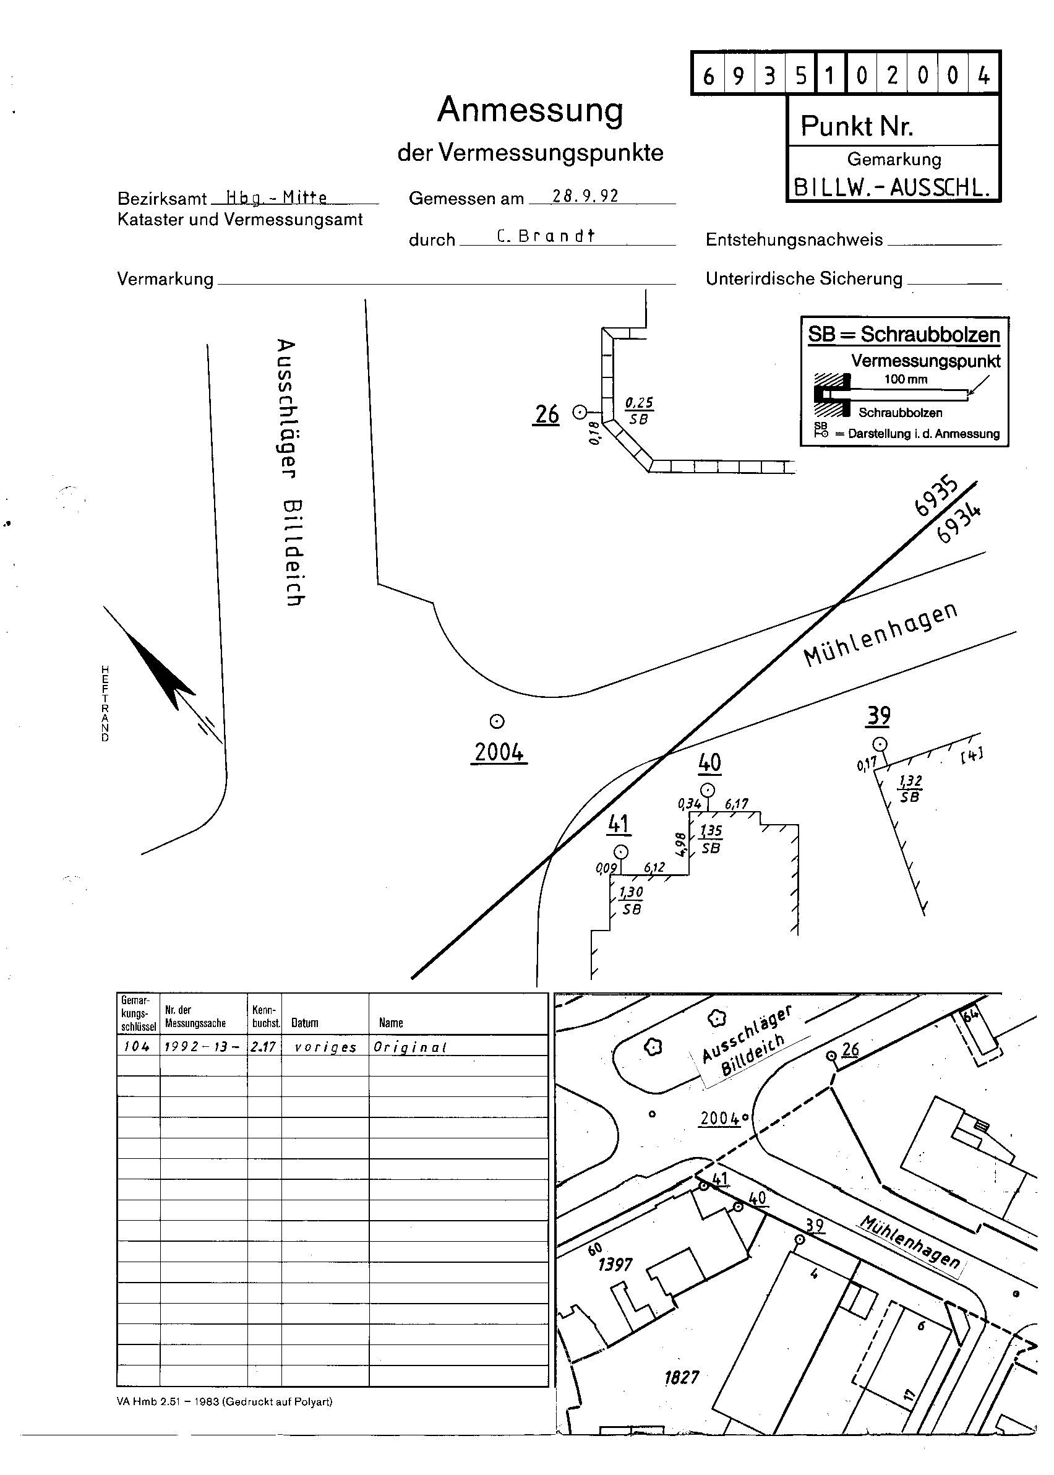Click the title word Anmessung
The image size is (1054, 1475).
click(530, 110)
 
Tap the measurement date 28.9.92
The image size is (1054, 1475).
click(585, 196)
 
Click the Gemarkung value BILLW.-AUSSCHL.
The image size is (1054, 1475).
click(893, 187)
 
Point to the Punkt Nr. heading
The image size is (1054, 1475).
click(857, 126)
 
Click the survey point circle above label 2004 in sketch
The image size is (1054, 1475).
click(497, 721)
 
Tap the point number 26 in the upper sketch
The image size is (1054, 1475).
click(546, 414)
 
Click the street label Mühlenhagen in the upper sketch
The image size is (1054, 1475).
click(880, 634)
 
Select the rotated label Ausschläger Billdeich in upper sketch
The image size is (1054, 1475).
click(290, 472)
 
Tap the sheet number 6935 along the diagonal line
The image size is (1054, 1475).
click(935, 497)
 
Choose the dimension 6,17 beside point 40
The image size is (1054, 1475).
click(736, 804)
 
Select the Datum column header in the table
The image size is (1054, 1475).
click(304, 1023)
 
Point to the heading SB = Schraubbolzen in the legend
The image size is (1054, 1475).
click(904, 335)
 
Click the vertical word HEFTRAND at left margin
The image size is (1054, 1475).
click(105, 703)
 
